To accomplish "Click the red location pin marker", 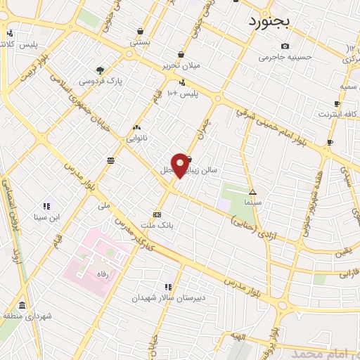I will [180, 165].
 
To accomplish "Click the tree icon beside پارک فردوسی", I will [101, 70].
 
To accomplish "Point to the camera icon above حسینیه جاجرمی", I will [285, 46].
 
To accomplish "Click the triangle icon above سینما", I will [253, 191].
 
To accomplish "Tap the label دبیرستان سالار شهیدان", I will [169, 297].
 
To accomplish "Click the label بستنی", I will [139, 41].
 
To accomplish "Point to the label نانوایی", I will [136, 138].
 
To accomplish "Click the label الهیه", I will [240, 337].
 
